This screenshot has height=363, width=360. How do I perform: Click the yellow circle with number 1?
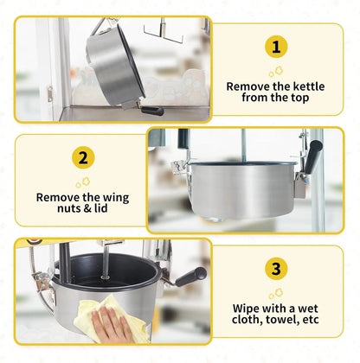(x=276, y=47)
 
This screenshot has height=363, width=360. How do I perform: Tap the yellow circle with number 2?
(x=83, y=157)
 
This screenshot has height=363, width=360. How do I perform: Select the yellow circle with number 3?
(x=276, y=269)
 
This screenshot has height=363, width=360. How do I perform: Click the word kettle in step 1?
(x=309, y=86)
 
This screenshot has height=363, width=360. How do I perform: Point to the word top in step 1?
(x=300, y=98)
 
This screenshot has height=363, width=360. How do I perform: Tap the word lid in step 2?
(x=101, y=208)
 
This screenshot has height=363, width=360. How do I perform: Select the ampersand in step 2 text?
(x=87, y=208)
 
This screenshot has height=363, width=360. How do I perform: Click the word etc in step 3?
(x=311, y=320)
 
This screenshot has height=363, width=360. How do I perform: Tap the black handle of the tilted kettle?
(x=152, y=111)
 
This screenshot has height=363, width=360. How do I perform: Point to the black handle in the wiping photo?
(x=191, y=277)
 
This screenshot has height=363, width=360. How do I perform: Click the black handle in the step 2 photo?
(x=313, y=156)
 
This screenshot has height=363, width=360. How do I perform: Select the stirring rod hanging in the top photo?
(x=163, y=31)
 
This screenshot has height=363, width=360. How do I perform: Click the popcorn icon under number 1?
(x=276, y=72)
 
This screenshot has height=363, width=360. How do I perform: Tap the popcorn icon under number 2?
(x=83, y=182)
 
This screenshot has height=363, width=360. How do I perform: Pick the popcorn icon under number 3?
(x=276, y=294)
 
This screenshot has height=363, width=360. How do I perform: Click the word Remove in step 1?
(x=248, y=86)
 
